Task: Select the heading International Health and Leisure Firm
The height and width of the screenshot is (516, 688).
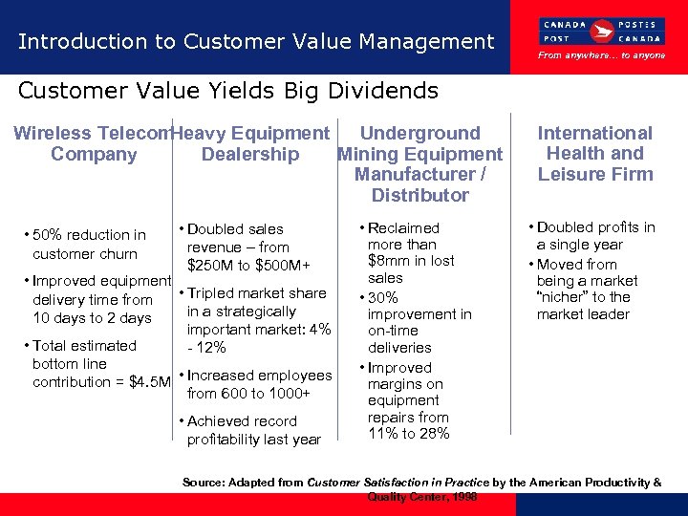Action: [x=594, y=153]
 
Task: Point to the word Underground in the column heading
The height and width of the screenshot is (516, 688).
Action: [x=419, y=133]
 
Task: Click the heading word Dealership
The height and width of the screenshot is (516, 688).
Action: [x=250, y=154]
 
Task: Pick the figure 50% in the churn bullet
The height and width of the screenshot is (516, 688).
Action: [x=49, y=235]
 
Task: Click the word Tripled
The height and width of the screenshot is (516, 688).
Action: [x=210, y=293]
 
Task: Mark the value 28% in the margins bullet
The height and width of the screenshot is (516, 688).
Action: [x=433, y=434]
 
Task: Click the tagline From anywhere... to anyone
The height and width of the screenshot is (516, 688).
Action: [x=602, y=55]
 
